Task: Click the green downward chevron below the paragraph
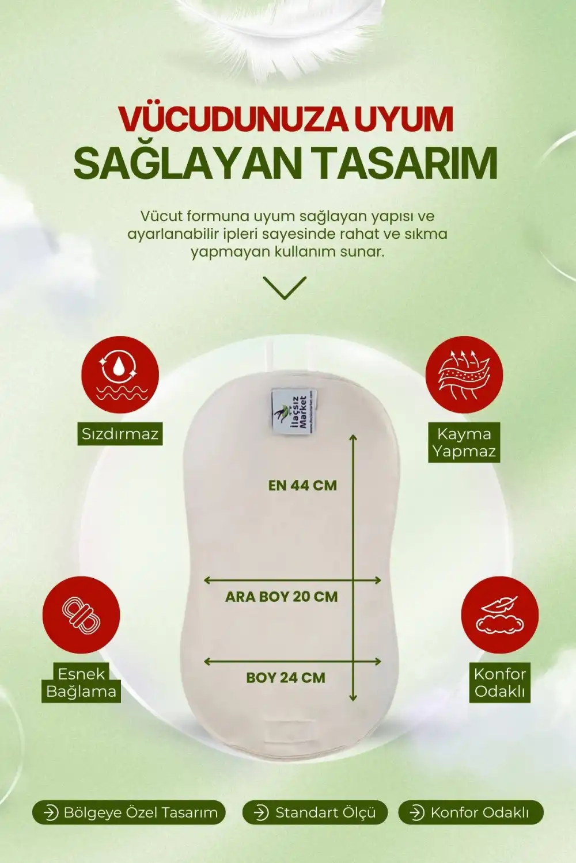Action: [285, 287]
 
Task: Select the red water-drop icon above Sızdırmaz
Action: [120, 375]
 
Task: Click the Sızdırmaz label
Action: [120, 434]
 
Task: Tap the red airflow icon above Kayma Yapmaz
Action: [464, 375]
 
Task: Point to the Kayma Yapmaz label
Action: [464, 442]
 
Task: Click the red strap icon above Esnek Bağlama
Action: [81, 614]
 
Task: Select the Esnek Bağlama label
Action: [81, 682]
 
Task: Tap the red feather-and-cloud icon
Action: [499, 614]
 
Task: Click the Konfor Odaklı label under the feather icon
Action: [499, 682]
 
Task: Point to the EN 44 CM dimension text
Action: [302, 486]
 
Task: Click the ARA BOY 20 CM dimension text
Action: [281, 597]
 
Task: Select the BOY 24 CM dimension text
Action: [286, 678]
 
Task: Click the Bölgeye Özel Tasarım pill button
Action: [128, 812]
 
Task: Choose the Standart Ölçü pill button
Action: [315, 812]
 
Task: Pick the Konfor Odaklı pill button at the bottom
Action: [471, 812]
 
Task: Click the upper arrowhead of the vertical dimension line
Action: [353, 438]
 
